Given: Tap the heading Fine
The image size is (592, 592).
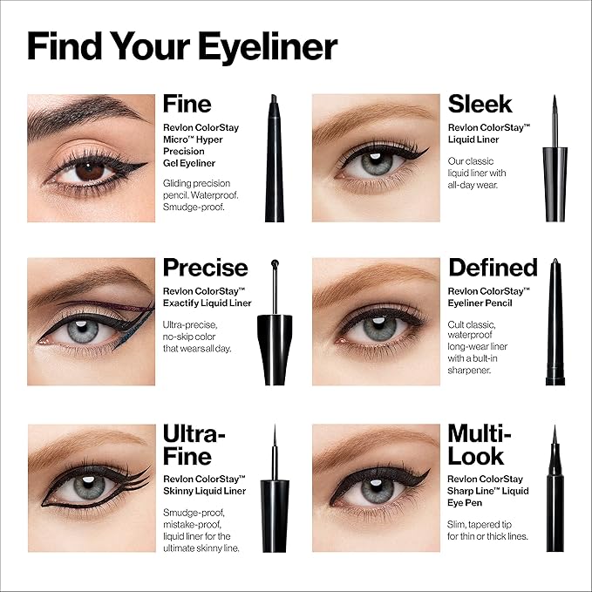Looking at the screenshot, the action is coord(187,105).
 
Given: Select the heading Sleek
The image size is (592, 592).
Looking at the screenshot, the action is coord(480,105).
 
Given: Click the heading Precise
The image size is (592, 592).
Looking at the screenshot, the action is coord(206,268).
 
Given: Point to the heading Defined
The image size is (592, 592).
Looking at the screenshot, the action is coord(493,268).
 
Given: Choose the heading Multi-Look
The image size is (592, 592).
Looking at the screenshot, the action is coord(480,446).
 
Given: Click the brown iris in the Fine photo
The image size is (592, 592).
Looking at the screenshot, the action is coord(90,171).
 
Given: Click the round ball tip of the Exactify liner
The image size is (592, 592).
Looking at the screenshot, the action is coord(275,262).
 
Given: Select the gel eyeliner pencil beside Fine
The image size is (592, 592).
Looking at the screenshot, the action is coord(275,158).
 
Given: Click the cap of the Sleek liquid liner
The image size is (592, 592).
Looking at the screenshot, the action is coord(555,184).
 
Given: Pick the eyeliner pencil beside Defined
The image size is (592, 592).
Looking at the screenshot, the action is coord(555,322).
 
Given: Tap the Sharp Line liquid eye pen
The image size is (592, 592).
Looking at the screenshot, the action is coord(555,488).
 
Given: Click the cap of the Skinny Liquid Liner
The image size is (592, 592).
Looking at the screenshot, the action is coord(275,516).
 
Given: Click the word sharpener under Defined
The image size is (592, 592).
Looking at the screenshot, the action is coord(469,371).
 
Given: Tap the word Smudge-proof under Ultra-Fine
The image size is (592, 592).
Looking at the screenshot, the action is coord(194,513).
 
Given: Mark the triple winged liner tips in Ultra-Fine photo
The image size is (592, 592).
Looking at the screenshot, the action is coord(138,478).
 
